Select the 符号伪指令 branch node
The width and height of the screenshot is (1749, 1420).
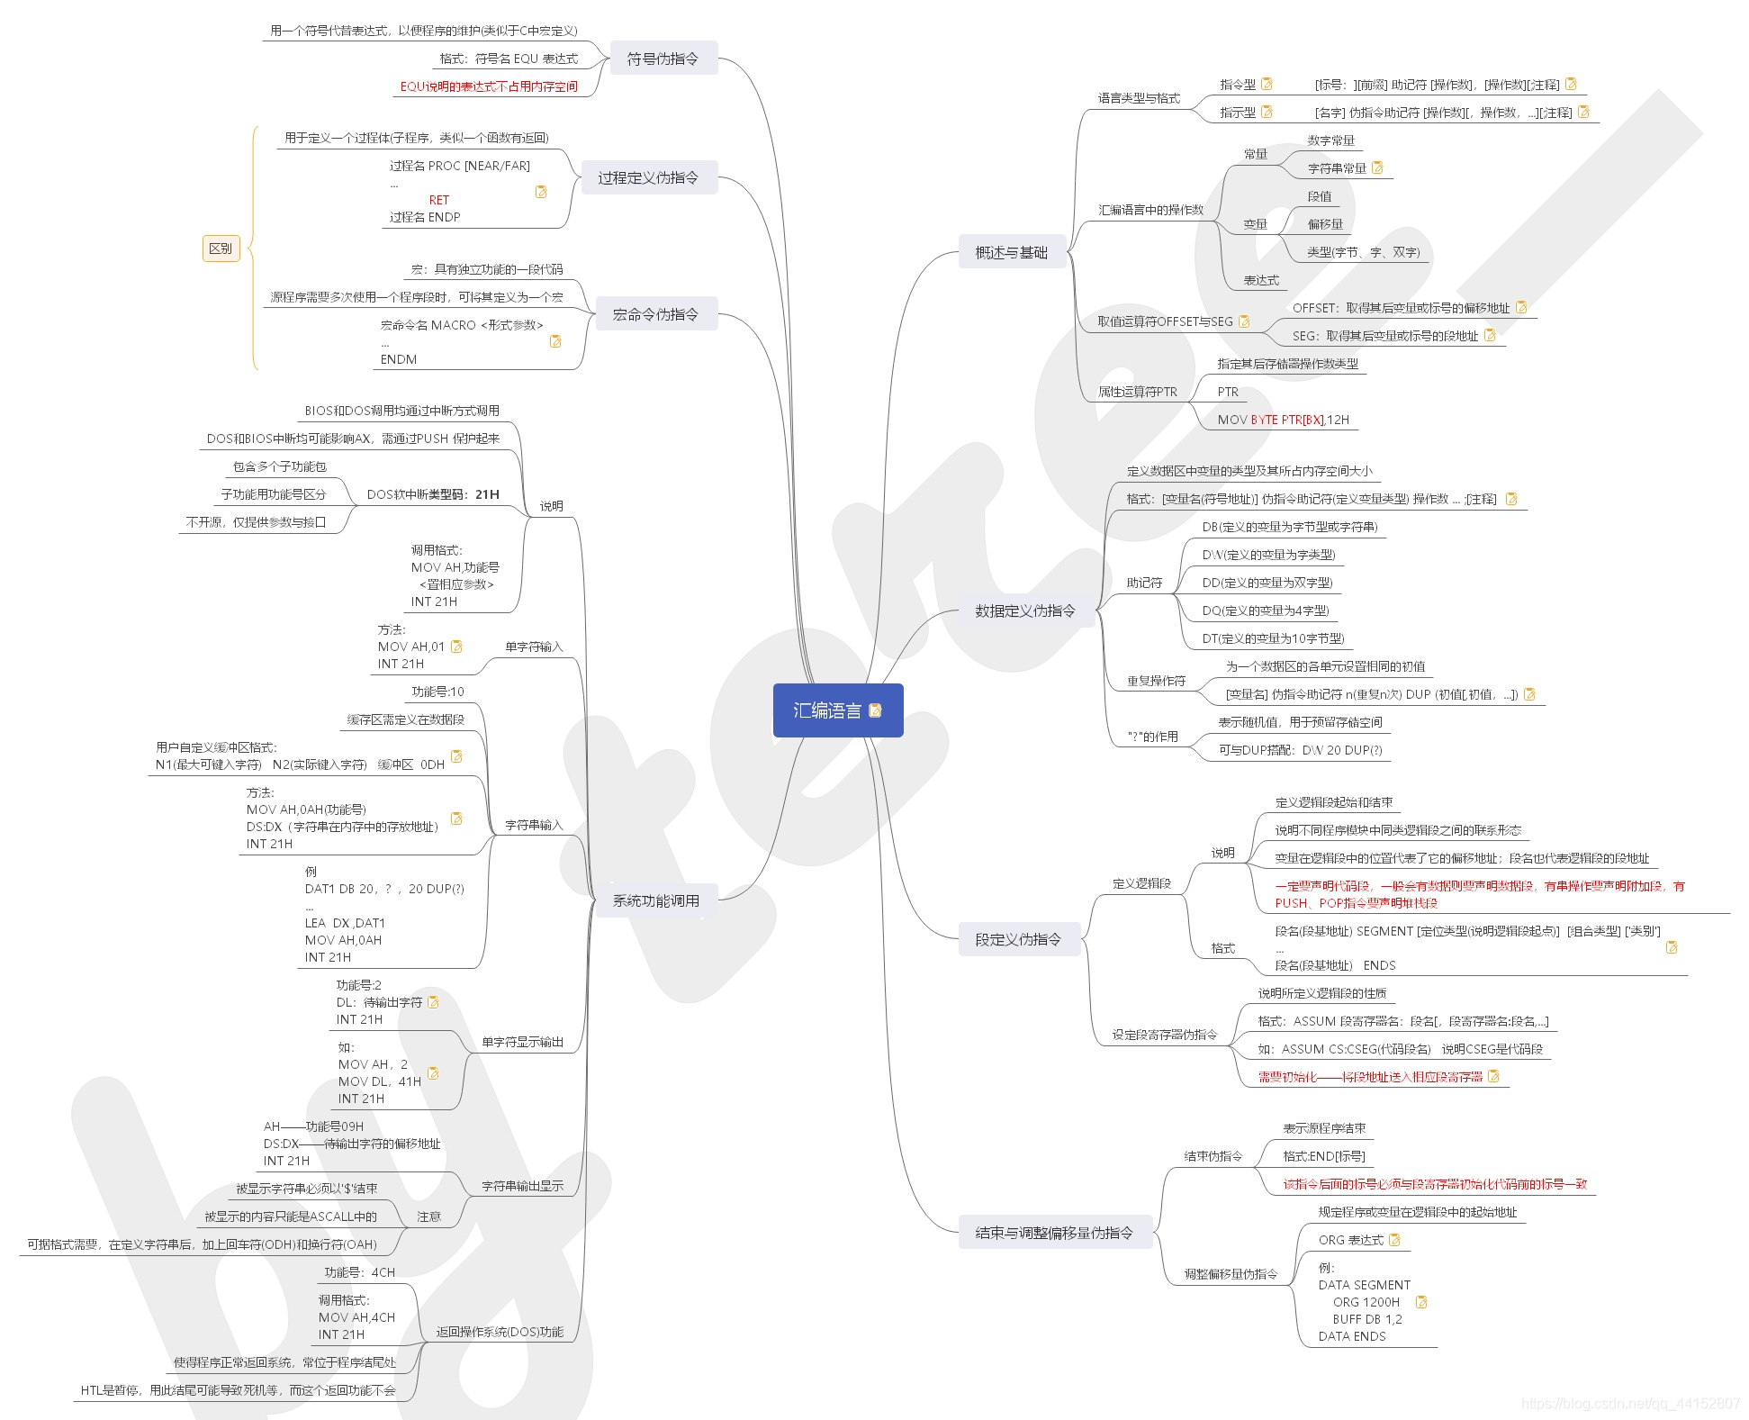(x=663, y=59)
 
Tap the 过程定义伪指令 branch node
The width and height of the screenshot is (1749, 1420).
(x=648, y=177)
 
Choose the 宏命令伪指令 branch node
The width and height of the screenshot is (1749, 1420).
(x=655, y=314)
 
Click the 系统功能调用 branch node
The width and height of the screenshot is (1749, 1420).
(x=655, y=900)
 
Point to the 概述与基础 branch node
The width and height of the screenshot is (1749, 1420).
(x=1011, y=253)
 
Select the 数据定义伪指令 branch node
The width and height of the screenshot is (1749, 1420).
(x=1024, y=611)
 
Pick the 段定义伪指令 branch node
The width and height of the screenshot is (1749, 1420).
(x=1017, y=939)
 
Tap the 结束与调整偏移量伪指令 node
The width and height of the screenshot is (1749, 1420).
(x=1053, y=1233)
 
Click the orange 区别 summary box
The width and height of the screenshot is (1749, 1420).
(x=221, y=249)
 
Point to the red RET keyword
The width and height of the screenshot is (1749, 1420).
(x=439, y=200)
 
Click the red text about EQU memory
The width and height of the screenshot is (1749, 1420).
(x=489, y=86)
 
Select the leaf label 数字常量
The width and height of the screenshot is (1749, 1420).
(x=1330, y=140)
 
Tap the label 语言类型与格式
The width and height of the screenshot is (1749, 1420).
(x=1138, y=98)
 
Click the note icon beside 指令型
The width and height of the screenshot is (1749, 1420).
(x=1267, y=84)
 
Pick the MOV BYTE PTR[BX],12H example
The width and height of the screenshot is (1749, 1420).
(x=1283, y=420)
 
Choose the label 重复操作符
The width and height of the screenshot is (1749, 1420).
(x=1156, y=681)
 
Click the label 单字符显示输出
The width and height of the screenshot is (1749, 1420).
(x=522, y=1042)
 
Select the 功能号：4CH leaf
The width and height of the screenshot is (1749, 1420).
(x=359, y=1272)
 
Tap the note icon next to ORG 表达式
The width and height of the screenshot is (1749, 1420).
(x=1395, y=1240)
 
